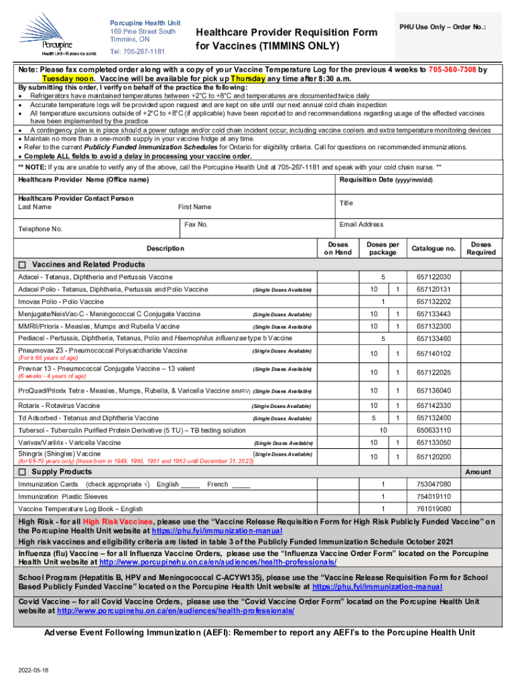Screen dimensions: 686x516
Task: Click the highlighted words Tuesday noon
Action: point(62,78)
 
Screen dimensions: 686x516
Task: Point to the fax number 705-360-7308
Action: point(448,69)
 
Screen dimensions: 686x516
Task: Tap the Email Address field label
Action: point(361,224)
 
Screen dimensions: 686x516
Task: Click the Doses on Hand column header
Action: point(338,249)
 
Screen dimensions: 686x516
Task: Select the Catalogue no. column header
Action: point(434,249)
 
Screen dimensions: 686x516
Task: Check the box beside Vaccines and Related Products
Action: point(22,264)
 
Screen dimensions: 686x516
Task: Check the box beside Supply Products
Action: point(22,472)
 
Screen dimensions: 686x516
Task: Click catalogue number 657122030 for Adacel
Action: point(434,277)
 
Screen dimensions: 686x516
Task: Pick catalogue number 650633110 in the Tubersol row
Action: point(434,430)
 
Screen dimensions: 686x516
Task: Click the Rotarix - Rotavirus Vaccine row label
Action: point(59,405)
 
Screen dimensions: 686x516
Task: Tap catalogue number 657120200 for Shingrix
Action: point(434,457)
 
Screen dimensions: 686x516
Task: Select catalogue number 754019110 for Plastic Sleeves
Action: point(434,496)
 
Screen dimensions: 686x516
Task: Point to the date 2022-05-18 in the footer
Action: point(35,669)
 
